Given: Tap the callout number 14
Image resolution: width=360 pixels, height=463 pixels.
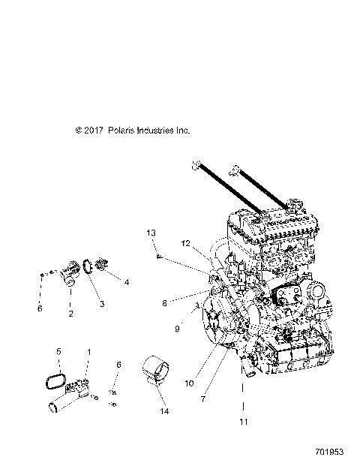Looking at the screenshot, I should (x=164, y=411).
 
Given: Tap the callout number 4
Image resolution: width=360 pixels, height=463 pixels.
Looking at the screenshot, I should (x=126, y=282).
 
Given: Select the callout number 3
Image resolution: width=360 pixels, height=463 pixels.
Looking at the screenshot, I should (x=102, y=304).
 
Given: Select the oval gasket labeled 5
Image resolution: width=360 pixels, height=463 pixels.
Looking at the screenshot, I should (x=55, y=381).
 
